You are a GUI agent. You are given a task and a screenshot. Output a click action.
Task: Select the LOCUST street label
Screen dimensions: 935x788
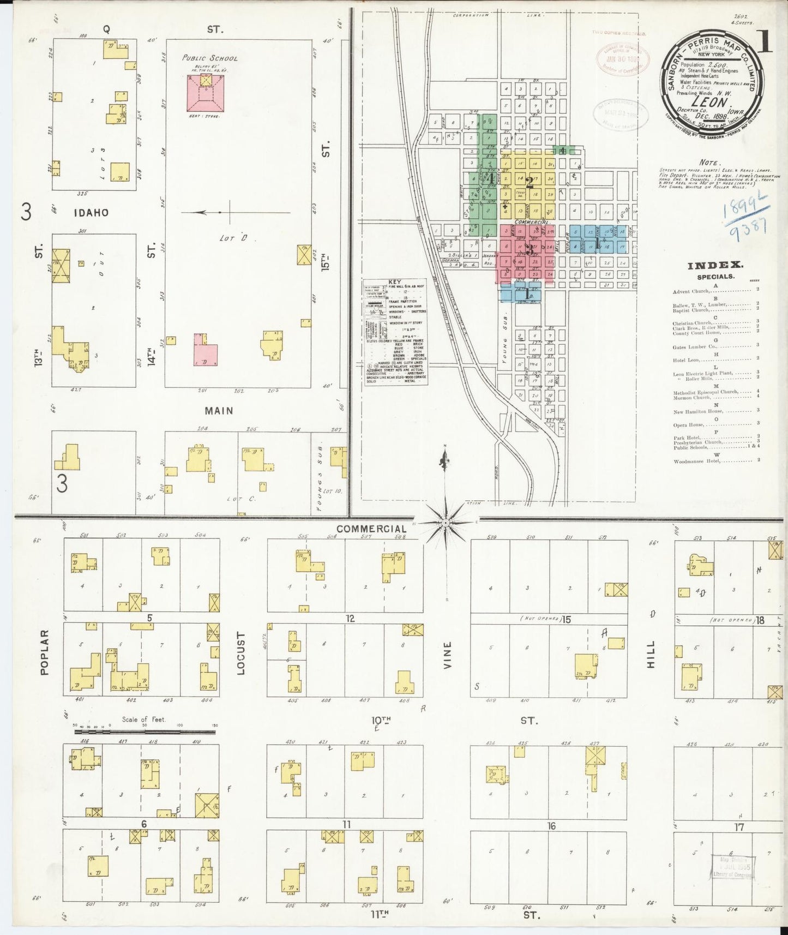click(242, 654)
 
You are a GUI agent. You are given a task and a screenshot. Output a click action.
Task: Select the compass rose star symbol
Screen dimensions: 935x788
click(446, 522)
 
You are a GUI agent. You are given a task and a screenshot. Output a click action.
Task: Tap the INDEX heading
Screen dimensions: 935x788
click(714, 265)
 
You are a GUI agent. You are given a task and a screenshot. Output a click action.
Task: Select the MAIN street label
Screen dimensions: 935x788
click(219, 410)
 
